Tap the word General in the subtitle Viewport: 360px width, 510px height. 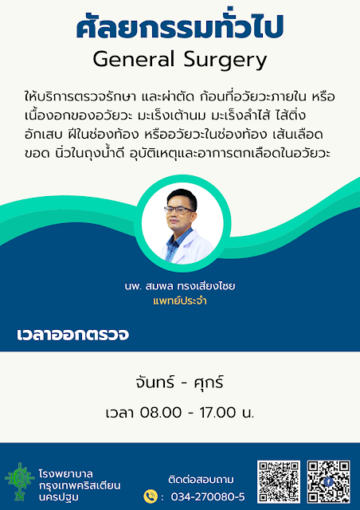134,59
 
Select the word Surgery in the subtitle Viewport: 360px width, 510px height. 225,61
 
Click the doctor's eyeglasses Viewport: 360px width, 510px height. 179,210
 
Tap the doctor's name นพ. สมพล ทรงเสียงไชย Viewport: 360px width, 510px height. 180,286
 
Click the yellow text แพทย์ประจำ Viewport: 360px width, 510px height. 180,301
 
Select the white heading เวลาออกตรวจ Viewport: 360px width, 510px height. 72,335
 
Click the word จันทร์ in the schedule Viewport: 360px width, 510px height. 155,382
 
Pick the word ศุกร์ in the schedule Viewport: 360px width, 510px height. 209,382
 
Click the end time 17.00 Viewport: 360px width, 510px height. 217,413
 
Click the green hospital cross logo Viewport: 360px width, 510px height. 19,481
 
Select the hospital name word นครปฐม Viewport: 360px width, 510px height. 58,497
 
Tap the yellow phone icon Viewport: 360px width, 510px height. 151,496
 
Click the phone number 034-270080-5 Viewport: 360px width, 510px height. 208,496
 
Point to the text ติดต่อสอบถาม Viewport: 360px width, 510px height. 201,480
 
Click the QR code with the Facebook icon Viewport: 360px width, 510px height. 328,481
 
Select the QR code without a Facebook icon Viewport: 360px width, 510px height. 279,481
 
